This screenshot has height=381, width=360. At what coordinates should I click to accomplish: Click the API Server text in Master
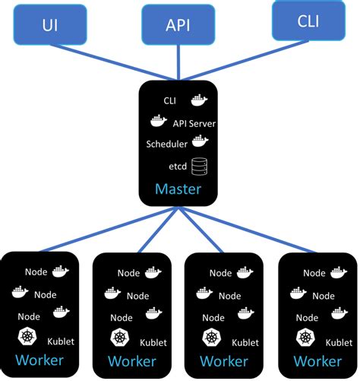[194, 122]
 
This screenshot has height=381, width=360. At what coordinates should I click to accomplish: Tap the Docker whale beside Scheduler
[201, 141]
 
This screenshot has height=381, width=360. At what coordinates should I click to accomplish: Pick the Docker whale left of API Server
[158, 121]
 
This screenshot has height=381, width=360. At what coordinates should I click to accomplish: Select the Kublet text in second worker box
[152, 341]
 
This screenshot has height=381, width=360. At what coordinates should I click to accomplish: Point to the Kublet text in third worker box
[245, 341]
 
